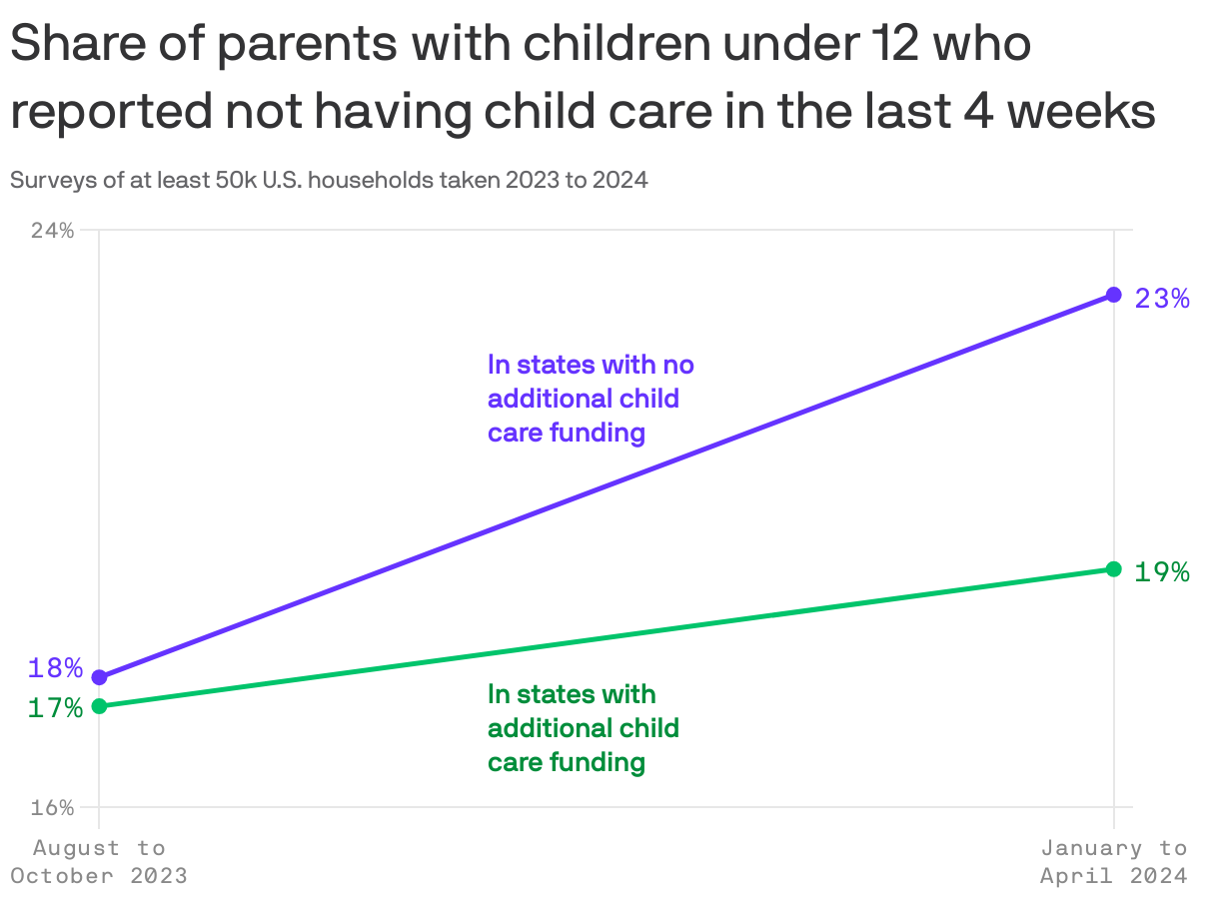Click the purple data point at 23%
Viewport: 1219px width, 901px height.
tap(1113, 295)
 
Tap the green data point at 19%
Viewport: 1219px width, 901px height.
tap(1113, 569)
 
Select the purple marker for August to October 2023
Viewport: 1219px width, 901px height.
tap(99, 677)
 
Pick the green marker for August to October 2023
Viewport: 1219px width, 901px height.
tap(99, 706)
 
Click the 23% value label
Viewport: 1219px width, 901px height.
tap(1162, 298)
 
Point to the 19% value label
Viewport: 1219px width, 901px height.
tap(1162, 572)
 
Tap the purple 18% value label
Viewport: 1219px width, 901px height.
tap(55, 668)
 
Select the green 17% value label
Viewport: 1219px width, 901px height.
tap(55, 708)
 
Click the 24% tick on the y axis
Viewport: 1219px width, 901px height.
tap(52, 231)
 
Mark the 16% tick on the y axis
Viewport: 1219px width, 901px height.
tap(52, 807)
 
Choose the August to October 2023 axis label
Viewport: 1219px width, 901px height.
tap(99, 862)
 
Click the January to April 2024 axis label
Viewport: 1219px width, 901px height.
tap(1113, 862)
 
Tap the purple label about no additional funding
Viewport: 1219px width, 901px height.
tap(590, 399)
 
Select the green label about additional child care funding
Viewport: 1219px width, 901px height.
tap(584, 728)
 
